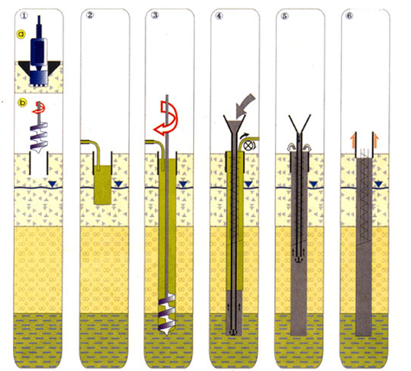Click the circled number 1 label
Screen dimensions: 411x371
[x=24, y=16]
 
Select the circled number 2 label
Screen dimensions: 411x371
[x=90, y=16]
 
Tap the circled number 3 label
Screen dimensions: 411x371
[x=155, y=16]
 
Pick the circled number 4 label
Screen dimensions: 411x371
[x=219, y=16]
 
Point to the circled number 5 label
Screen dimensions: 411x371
[x=285, y=16]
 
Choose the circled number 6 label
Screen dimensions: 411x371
[x=350, y=16]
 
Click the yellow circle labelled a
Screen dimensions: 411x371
[x=22, y=35]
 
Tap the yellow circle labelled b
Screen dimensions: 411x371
[x=22, y=102]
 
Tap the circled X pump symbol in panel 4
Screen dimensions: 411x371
[x=247, y=145]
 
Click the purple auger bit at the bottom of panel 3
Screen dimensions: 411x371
[x=167, y=315]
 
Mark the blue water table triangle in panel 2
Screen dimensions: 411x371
[x=119, y=184]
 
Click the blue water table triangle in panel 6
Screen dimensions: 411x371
[x=379, y=184]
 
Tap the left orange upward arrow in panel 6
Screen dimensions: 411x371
[x=352, y=140]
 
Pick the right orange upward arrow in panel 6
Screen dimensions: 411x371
[x=376, y=140]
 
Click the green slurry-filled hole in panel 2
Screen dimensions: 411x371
[x=103, y=185]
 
